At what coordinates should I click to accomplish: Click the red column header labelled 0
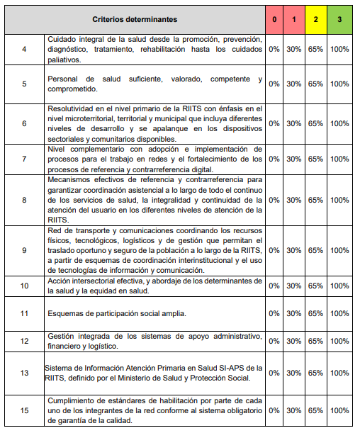click(274, 19)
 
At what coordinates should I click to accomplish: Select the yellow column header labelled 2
click(315, 19)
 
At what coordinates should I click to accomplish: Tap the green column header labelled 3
click(340, 19)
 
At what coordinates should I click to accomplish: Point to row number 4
click(24, 50)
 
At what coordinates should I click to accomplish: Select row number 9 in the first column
click(24, 250)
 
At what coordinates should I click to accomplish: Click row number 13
click(24, 373)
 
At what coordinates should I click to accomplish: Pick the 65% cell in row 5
click(315, 84)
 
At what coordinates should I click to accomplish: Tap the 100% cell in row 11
click(340, 313)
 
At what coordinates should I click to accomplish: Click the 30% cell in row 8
click(294, 200)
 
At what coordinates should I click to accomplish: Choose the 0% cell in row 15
click(274, 410)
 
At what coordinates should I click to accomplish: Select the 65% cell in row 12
click(315, 341)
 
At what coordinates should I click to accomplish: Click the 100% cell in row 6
click(340, 123)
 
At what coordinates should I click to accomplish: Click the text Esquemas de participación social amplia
click(117, 313)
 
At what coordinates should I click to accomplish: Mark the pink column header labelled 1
click(294, 19)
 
